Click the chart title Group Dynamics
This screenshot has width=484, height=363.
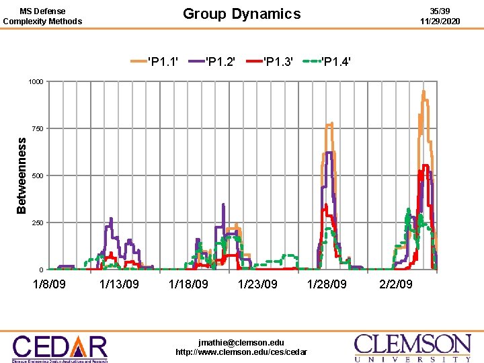(242, 13)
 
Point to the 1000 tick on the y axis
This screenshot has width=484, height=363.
(36, 82)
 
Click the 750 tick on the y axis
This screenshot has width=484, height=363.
(37, 128)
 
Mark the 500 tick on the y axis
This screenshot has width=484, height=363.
(37, 175)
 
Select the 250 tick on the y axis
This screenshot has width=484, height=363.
(37, 223)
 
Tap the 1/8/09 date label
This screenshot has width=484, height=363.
(49, 284)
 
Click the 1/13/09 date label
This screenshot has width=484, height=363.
(119, 284)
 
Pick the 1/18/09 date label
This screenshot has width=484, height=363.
(188, 284)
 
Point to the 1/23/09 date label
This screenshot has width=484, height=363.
(257, 284)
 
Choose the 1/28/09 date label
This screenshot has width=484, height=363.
(327, 284)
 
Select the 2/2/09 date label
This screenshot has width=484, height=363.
(396, 284)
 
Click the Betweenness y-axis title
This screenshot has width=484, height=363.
(22, 175)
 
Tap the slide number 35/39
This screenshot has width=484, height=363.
(440, 11)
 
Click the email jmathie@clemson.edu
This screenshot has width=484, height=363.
(241, 342)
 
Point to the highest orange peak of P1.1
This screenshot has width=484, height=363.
(424, 91)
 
